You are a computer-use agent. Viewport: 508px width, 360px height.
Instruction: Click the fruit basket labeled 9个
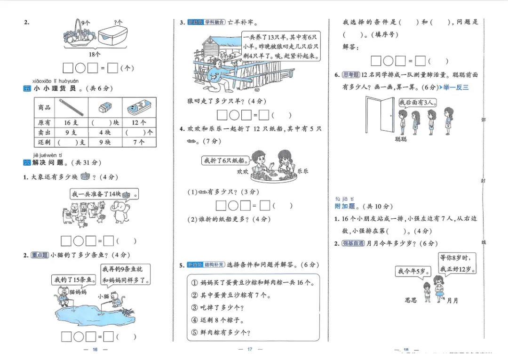coord(78,36)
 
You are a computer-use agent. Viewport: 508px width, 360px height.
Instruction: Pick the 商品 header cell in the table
coord(45,108)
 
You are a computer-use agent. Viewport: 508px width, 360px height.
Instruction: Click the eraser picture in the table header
coord(104,108)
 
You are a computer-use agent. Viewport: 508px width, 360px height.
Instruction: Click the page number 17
coord(250,349)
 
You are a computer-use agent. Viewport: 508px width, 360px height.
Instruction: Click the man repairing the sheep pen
coord(219,73)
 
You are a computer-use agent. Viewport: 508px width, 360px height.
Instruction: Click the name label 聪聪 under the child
coord(401,140)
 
